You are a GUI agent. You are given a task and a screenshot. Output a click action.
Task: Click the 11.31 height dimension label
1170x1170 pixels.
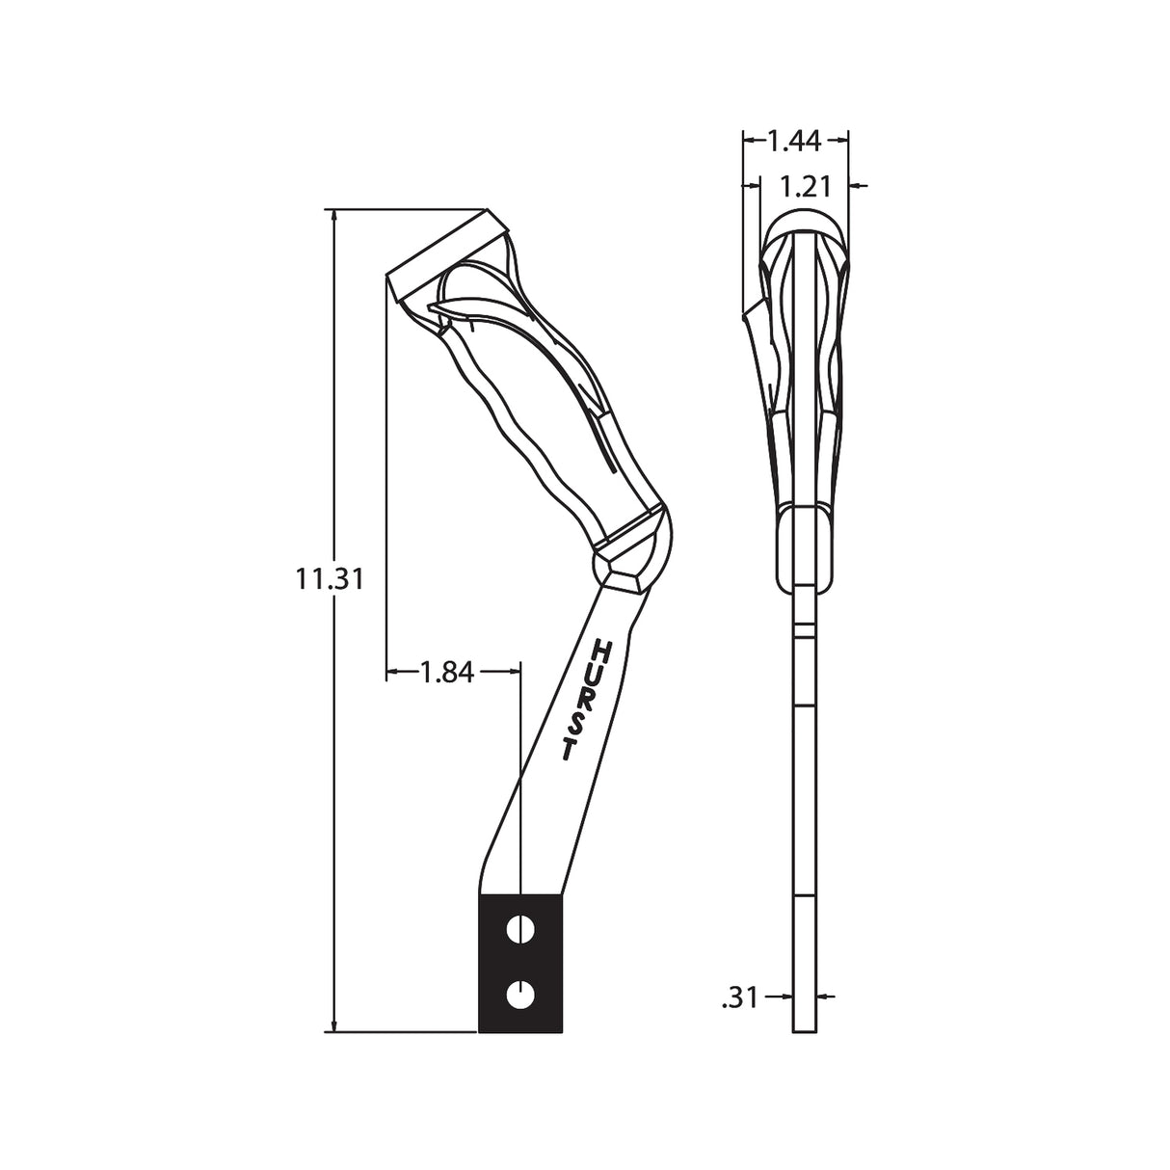click(x=330, y=579)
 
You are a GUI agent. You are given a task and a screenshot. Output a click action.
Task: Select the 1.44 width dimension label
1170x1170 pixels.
click(x=794, y=141)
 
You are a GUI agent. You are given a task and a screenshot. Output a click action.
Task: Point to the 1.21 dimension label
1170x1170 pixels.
click(x=805, y=187)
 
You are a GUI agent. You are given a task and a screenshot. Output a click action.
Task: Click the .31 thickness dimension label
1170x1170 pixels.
click(x=740, y=997)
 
